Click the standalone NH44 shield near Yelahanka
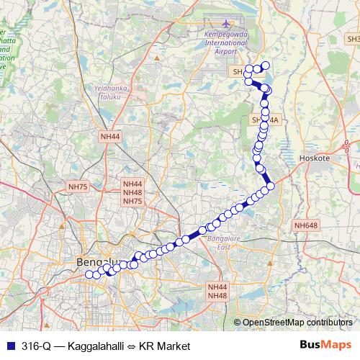pyautogui.click(x=111, y=136)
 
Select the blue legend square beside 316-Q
pyautogui.click(x=9, y=346)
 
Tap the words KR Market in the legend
pyautogui.click(x=163, y=346)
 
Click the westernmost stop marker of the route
pyautogui.click(x=89, y=274)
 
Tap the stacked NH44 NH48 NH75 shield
pyautogui.click(x=133, y=193)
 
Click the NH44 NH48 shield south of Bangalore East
pyautogui.click(x=217, y=291)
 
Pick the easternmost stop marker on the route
pyautogui.click(x=271, y=187)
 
